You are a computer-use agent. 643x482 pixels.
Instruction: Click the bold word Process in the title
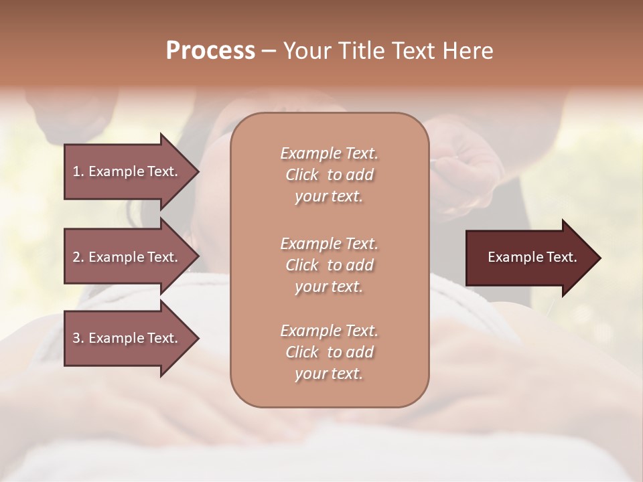pos(210,51)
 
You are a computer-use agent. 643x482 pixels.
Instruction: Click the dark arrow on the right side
pos(529,258)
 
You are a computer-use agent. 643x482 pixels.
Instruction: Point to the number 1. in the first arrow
pos(78,171)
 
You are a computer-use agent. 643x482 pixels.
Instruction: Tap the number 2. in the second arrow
pos(78,257)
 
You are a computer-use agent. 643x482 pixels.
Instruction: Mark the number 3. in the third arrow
pos(78,339)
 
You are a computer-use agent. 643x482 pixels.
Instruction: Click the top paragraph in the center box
pos(330,175)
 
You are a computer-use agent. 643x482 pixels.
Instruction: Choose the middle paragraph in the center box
pos(330,264)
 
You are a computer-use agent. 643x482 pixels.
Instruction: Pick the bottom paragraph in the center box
pos(330,352)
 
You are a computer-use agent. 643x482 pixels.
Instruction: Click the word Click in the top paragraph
pos(302,175)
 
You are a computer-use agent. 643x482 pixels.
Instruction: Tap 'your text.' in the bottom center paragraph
pos(329,374)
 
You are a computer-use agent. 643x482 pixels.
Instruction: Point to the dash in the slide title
pos(269,51)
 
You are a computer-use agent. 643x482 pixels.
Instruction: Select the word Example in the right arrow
pos(513,257)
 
